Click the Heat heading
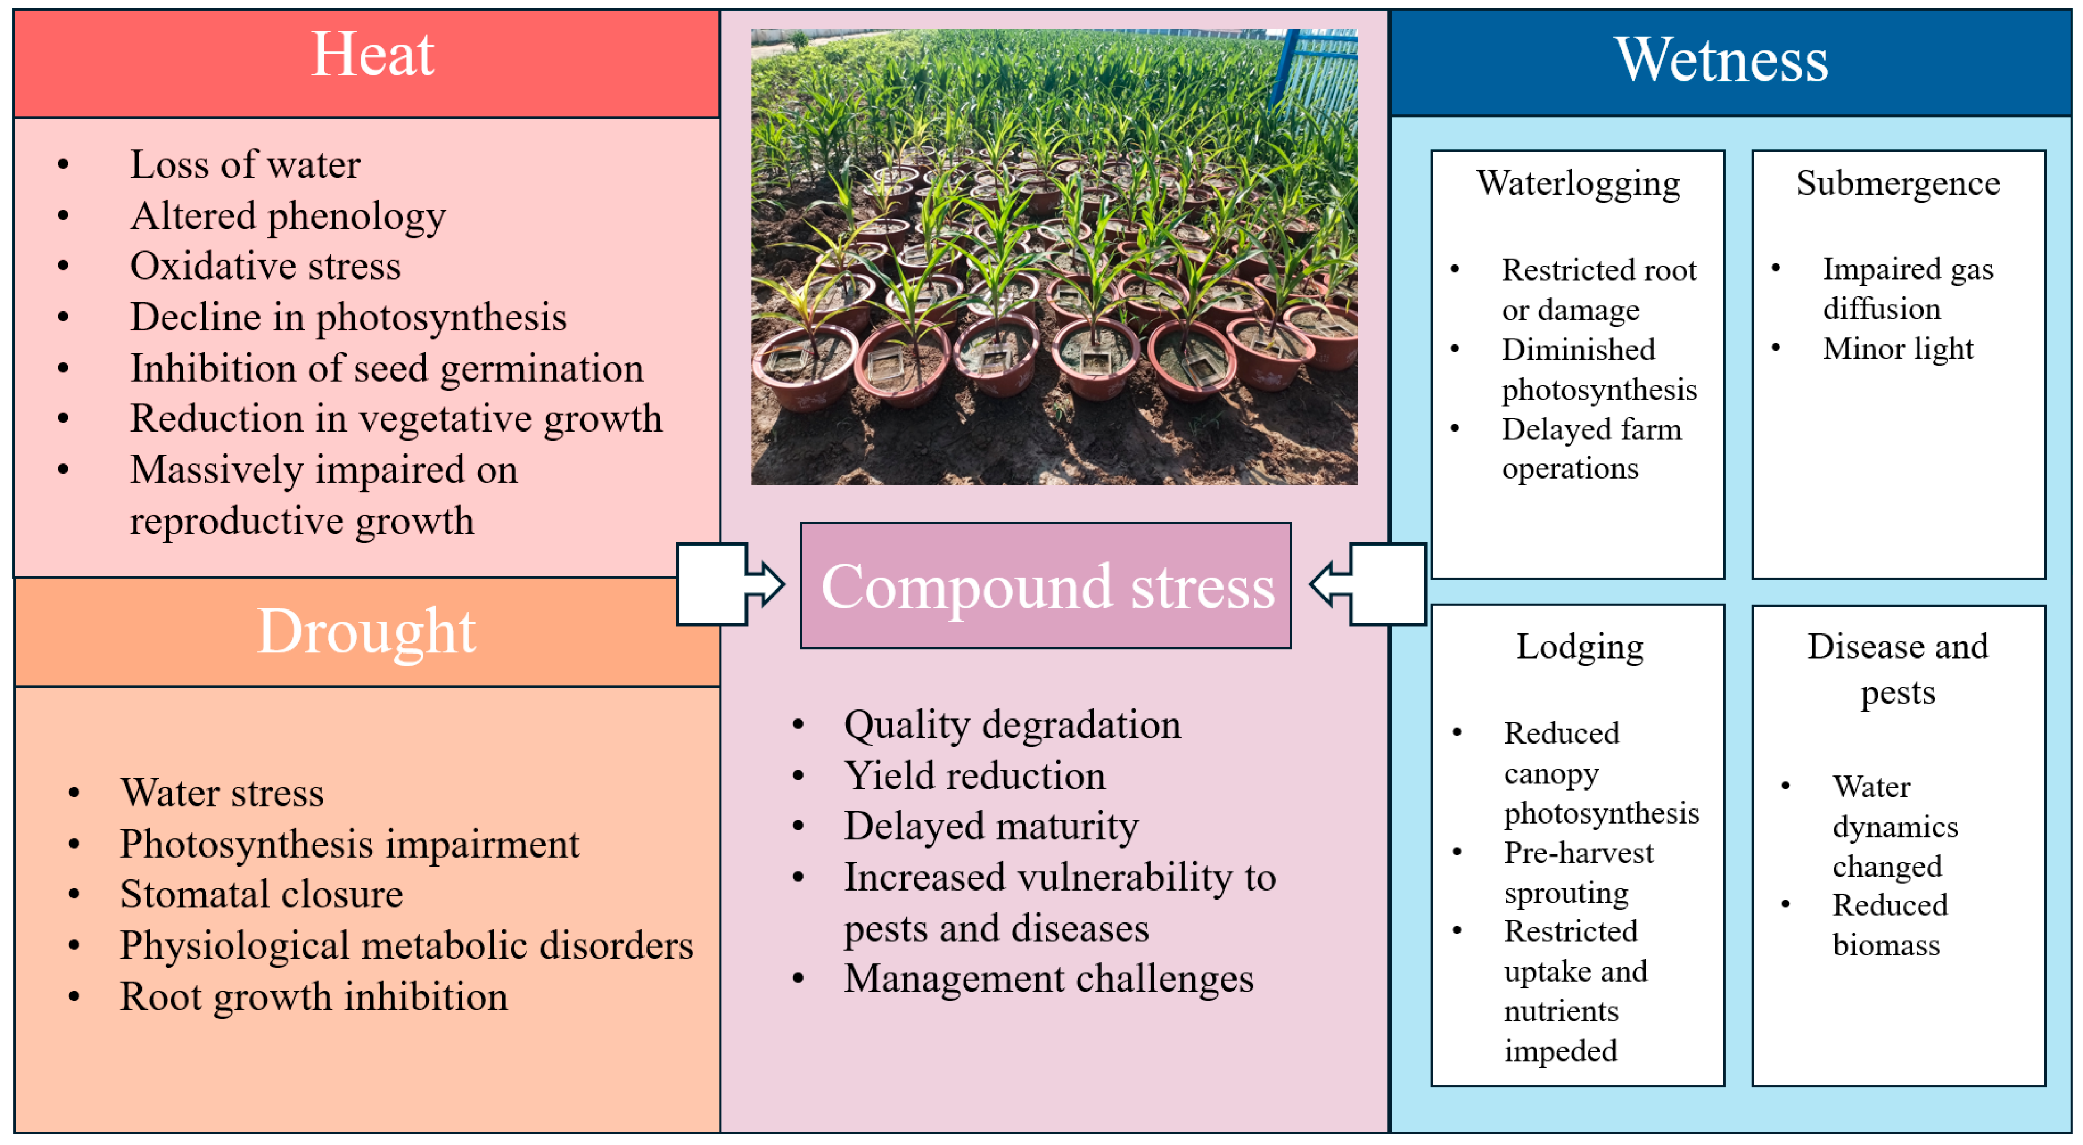[x=373, y=55]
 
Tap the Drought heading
[x=366, y=632]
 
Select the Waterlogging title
[x=1577, y=183]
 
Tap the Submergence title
[x=1898, y=183]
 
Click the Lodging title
[x=1579, y=647]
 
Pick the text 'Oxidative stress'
[x=265, y=266]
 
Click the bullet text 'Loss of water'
[x=245, y=165]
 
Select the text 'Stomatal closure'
[x=261, y=895]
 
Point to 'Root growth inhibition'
[x=314, y=996]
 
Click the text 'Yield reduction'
[x=974, y=775]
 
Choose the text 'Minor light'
[x=1898, y=348]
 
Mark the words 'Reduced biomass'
[x=1889, y=925]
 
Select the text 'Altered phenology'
[x=288, y=216]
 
